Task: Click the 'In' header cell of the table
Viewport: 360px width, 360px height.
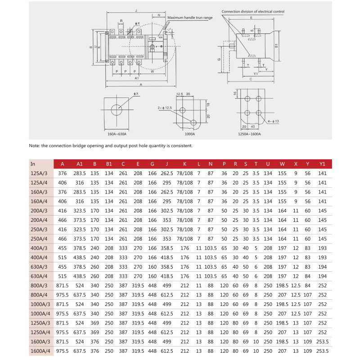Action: [33, 164]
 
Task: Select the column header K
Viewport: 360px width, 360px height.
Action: [184, 164]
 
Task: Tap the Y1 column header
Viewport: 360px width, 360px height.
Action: [322, 164]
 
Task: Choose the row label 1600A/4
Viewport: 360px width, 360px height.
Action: [39, 351]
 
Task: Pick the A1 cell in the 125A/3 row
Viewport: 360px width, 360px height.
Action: [80, 173]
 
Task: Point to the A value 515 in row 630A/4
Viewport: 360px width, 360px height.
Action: [62, 276]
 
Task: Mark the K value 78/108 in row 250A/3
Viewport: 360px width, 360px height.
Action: [184, 229]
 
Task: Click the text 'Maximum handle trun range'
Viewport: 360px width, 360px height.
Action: [190, 18]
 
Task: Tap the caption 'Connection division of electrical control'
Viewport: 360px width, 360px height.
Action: [253, 11]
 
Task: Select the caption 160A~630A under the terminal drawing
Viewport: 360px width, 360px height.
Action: [117, 134]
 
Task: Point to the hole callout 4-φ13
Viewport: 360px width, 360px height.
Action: [274, 121]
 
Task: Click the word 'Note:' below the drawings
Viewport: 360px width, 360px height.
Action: [35, 146]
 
